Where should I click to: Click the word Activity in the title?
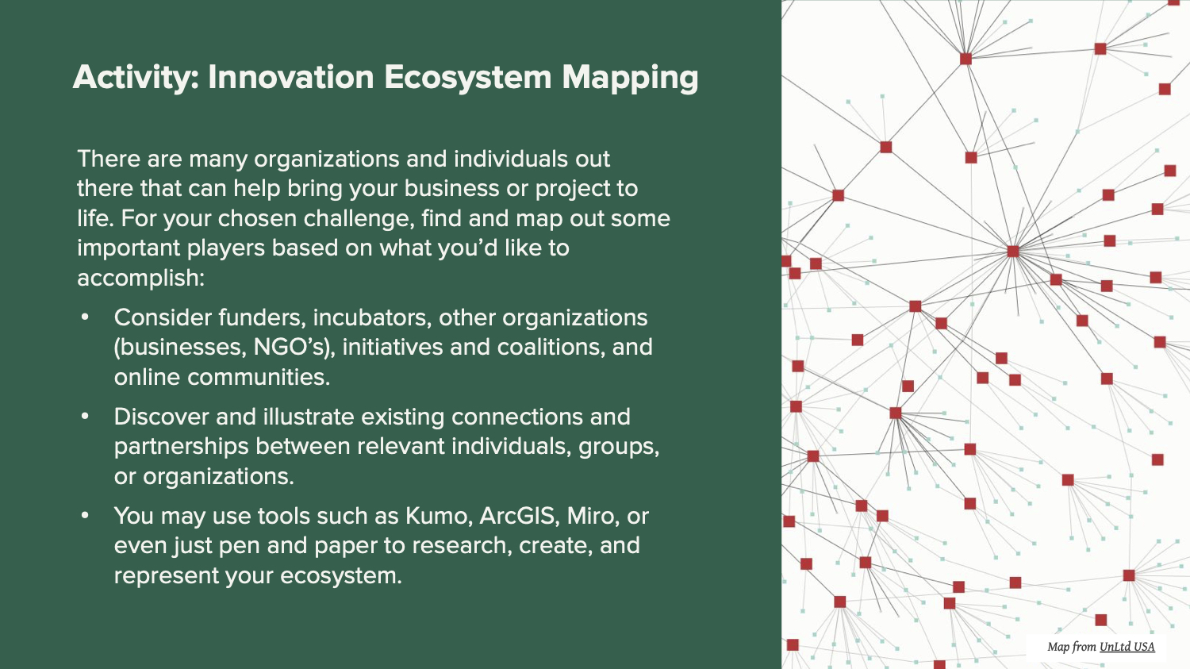click(136, 78)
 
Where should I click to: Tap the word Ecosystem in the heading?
click(468, 78)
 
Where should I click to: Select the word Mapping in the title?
click(630, 79)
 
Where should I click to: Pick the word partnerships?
click(181, 447)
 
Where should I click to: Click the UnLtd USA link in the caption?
click(1127, 647)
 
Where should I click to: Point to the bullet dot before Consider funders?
click(85, 317)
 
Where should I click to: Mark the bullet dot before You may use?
click(85, 515)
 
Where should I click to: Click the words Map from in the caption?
click(1071, 647)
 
